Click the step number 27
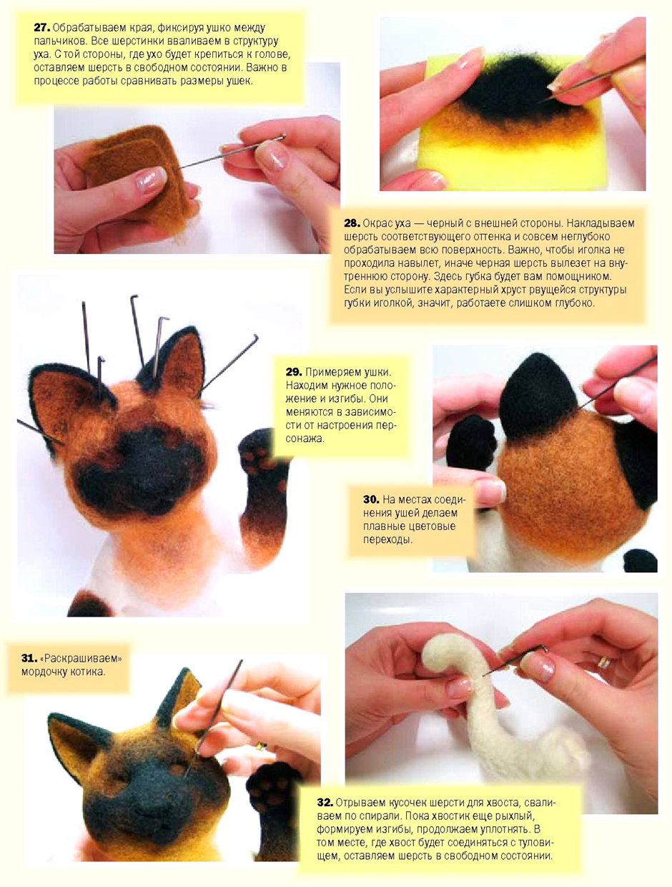pyautogui.click(x=41, y=28)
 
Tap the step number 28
pyautogui.click(x=352, y=223)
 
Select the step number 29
pyautogui.click(x=294, y=372)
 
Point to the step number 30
pyautogui.click(x=371, y=499)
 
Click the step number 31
pyautogui.click(x=29, y=659)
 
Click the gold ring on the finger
pyautogui.click(x=604, y=662)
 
